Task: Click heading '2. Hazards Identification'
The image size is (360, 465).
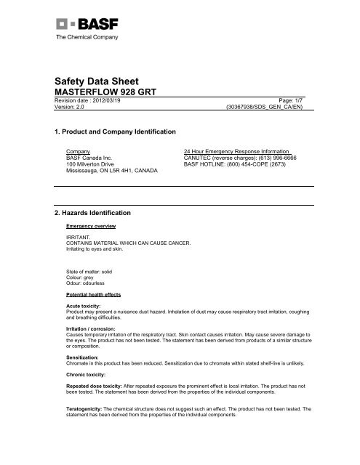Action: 92,212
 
